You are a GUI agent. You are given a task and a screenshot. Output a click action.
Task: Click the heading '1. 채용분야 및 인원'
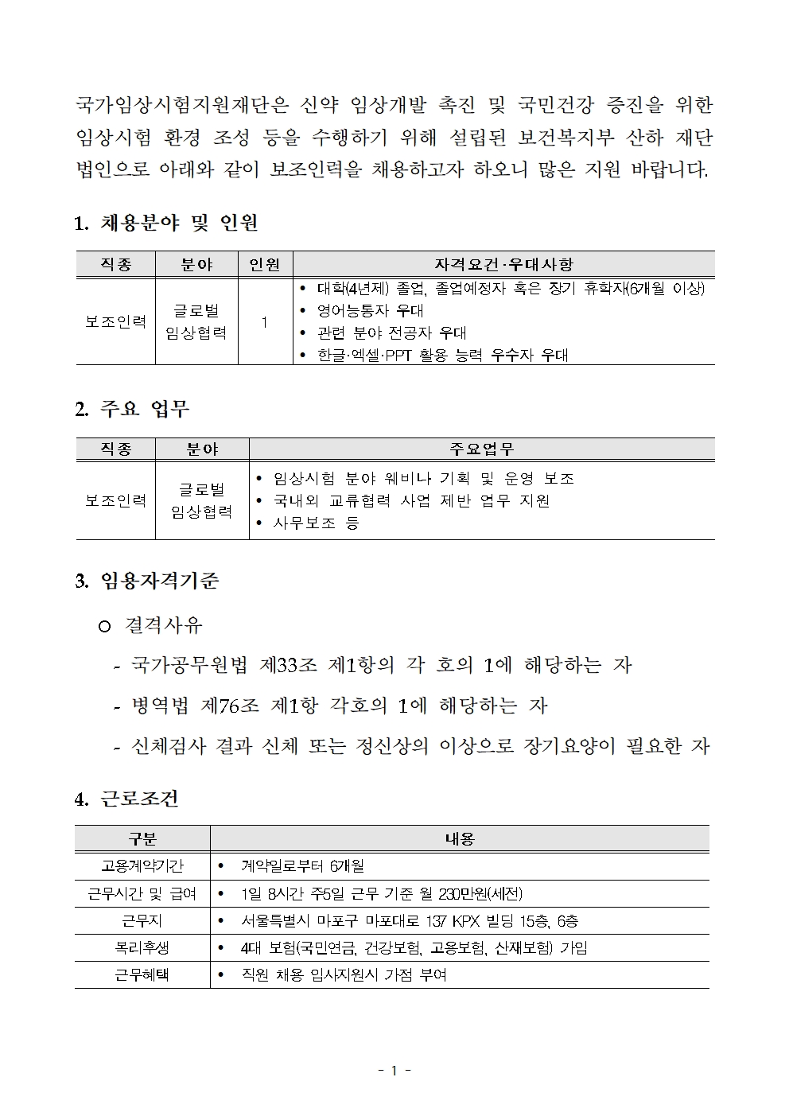click(x=165, y=223)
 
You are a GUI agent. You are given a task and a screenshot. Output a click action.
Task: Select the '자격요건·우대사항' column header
click(x=503, y=264)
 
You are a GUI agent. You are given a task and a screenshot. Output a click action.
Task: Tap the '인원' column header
click(x=265, y=264)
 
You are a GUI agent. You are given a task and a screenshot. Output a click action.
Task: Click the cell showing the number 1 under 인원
click(x=265, y=321)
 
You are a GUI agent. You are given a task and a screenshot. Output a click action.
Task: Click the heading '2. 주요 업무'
click(x=131, y=409)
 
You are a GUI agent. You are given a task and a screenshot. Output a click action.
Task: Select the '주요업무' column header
click(x=481, y=449)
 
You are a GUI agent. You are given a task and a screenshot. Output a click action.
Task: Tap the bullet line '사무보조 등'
click(x=316, y=523)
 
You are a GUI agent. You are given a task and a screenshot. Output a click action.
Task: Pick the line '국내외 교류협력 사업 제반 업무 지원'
click(x=411, y=500)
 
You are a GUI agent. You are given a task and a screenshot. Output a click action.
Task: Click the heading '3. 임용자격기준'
click(x=146, y=581)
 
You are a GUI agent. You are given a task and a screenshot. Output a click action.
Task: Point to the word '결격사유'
click(x=164, y=625)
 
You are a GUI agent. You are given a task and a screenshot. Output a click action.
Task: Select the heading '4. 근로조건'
click(x=126, y=798)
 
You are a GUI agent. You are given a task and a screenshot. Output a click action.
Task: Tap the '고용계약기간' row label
click(x=142, y=865)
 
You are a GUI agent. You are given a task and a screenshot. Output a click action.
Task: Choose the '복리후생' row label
click(x=142, y=947)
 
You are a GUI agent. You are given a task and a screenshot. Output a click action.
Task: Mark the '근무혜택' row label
click(x=142, y=974)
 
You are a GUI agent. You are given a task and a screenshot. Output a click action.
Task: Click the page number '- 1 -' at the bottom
click(x=394, y=1070)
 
